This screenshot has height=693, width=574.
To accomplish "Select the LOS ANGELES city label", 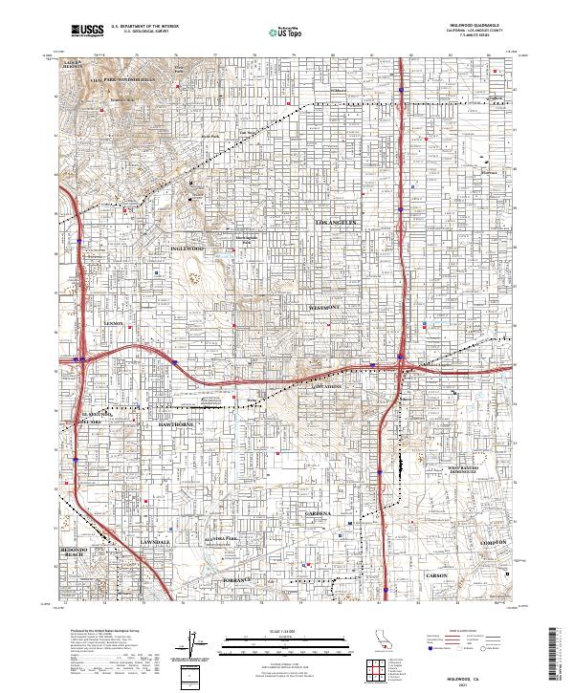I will point(336,222).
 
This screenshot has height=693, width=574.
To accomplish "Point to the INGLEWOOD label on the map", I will point(188,249).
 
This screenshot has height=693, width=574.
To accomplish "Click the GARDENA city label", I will point(319,513).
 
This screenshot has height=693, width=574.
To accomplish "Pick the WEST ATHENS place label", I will point(325,387).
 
